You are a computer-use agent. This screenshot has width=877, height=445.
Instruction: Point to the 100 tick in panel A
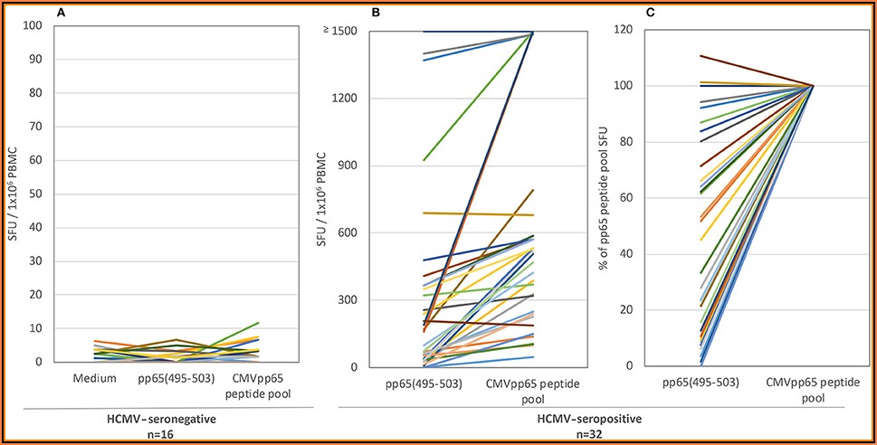(34, 25)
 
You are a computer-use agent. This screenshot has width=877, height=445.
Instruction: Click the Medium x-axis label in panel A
(95, 378)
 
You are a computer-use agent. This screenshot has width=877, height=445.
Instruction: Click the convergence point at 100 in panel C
(813, 86)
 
